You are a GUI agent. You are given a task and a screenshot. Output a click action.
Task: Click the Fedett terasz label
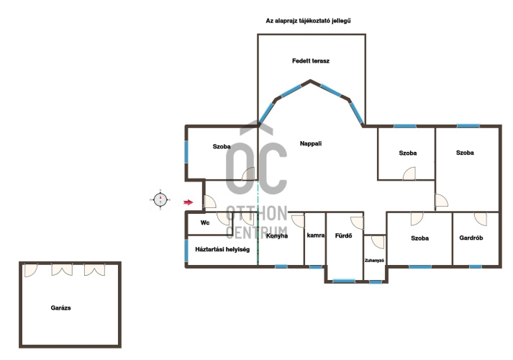(x=311, y=61)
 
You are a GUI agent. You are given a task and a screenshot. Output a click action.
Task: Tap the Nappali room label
(x=311, y=143)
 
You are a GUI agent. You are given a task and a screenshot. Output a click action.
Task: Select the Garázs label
(x=60, y=307)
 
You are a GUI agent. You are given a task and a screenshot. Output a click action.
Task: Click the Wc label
(x=205, y=222)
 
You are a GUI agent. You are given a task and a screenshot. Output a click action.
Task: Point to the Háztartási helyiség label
(x=222, y=249)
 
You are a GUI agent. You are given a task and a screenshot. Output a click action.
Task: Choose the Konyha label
(x=277, y=235)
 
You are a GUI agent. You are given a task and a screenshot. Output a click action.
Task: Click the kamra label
(x=316, y=235)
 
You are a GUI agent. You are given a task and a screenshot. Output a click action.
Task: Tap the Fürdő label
(x=343, y=235)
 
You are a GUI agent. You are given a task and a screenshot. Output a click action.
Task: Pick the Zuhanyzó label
(x=374, y=261)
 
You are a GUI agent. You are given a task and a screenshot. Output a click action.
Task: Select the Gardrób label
(x=471, y=238)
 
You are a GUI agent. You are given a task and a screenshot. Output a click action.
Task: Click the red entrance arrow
(x=188, y=202)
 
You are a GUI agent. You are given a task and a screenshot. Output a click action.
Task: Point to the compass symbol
(x=160, y=199)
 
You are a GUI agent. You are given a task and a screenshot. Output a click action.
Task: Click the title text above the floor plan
(x=308, y=21)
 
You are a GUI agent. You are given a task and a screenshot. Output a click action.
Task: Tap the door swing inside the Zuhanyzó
(x=378, y=242)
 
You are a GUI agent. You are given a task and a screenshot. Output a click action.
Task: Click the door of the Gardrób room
(x=481, y=219)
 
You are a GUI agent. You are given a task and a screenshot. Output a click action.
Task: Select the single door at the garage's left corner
(x=31, y=270)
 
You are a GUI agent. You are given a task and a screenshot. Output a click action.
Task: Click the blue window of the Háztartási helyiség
(x=186, y=251)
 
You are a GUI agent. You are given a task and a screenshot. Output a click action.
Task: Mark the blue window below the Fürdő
(x=344, y=281)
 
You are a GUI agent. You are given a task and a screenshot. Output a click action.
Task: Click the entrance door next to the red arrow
(x=209, y=202)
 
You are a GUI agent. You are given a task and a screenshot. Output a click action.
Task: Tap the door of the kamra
(x=299, y=221)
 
